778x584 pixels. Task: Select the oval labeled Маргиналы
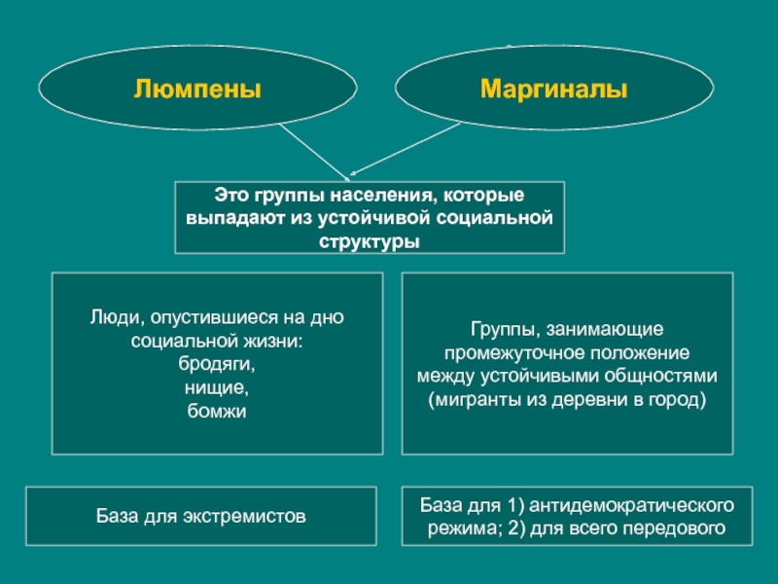pyautogui.click(x=553, y=91)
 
